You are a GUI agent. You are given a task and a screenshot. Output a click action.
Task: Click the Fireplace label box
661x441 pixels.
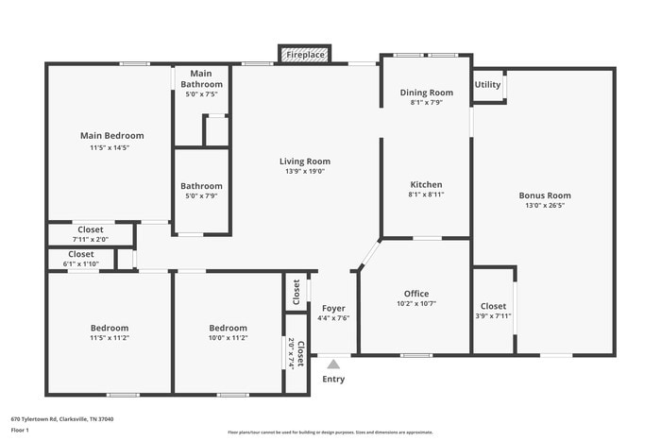pyautogui.click(x=305, y=56)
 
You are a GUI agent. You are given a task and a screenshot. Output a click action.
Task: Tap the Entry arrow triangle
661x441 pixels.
pyautogui.click(x=333, y=364)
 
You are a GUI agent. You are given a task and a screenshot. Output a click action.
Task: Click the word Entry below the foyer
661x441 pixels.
pyautogui.click(x=333, y=380)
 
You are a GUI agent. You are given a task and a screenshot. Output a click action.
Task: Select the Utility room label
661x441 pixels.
pyautogui.click(x=488, y=85)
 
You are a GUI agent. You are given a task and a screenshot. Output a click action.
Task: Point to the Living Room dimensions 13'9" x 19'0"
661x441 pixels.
pyautogui.click(x=304, y=172)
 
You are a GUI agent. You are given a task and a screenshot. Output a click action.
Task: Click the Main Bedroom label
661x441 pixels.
pyautogui.click(x=111, y=136)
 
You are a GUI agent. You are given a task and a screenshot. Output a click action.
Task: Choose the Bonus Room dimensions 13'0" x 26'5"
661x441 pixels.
pyautogui.click(x=545, y=207)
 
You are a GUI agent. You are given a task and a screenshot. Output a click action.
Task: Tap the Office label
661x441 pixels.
pyautogui.click(x=416, y=294)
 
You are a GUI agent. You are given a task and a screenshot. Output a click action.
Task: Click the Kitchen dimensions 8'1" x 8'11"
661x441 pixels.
pyautogui.click(x=426, y=195)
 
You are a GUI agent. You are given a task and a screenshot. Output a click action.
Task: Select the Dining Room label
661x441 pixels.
pyautogui.click(x=426, y=93)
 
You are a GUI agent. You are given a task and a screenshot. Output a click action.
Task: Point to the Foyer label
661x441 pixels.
pyautogui.click(x=333, y=309)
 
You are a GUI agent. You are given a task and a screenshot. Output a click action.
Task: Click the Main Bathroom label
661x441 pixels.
pyautogui.click(x=201, y=78)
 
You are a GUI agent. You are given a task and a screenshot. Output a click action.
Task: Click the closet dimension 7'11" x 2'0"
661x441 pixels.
pyautogui.click(x=91, y=239)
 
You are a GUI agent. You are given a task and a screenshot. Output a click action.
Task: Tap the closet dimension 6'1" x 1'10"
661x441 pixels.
pyautogui.click(x=80, y=263)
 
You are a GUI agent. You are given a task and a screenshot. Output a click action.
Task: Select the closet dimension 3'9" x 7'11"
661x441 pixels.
pyautogui.click(x=493, y=316)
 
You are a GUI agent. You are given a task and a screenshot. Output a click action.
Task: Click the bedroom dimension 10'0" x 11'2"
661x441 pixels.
pyautogui.click(x=228, y=337)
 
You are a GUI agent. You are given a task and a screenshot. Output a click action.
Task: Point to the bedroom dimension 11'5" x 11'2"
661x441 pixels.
pyautogui.click(x=110, y=337)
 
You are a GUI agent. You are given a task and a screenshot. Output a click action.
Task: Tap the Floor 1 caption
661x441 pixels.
pyautogui.click(x=21, y=430)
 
